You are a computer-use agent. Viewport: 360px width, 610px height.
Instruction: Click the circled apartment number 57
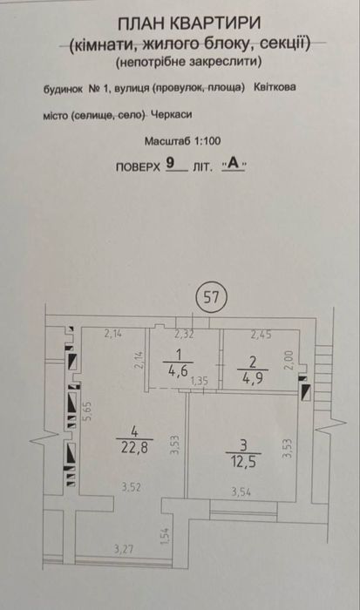(212, 298)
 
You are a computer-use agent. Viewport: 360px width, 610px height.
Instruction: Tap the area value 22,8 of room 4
(134, 448)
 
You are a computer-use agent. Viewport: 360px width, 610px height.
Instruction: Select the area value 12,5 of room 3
(243, 462)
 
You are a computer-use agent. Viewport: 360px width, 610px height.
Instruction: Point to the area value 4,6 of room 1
(178, 370)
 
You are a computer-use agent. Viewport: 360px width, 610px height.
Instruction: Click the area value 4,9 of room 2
(253, 378)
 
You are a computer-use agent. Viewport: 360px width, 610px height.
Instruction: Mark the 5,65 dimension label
(89, 410)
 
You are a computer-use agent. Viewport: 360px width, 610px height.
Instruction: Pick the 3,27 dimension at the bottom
(124, 549)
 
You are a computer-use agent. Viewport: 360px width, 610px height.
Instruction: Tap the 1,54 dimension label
(166, 536)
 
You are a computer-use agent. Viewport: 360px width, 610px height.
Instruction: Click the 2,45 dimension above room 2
(261, 334)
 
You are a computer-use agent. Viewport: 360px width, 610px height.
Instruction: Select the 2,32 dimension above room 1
(184, 334)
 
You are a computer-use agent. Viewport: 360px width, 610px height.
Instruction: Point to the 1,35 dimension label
(200, 381)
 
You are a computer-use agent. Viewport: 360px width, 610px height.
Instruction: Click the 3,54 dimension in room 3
(241, 492)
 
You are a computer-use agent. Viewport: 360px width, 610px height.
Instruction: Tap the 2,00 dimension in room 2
(288, 360)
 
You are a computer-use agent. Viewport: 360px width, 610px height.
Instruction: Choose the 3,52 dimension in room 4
(131, 487)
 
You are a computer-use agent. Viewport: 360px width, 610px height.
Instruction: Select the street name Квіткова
(275, 87)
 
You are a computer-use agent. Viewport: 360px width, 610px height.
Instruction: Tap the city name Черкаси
(171, 115)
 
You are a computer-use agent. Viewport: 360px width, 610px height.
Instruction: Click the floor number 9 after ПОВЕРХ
(170, 163)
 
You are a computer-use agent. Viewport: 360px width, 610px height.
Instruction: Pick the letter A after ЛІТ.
(234, 164)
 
